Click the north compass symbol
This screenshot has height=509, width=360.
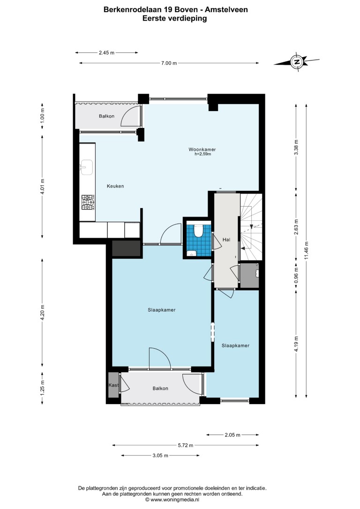(297, 61)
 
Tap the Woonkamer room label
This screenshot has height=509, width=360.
(202, 150)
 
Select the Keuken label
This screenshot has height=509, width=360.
(115, 186)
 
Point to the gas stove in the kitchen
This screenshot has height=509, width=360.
(88, 202)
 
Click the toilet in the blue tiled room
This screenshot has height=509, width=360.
(198, 231)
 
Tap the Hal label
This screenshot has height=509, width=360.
(226, 240)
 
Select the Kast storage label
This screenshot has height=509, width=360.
(113, 385)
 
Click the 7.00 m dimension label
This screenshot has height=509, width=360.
(169, 63)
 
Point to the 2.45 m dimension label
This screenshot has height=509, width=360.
(106, 52)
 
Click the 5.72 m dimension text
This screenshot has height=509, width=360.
(185, 445)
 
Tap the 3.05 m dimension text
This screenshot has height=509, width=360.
(160, 456)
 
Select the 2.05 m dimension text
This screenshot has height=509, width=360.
(232, 434)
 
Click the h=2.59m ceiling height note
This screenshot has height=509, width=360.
(203, 154)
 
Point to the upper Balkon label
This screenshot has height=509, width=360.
(106, 116)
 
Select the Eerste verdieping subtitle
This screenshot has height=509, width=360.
(175, 18)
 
